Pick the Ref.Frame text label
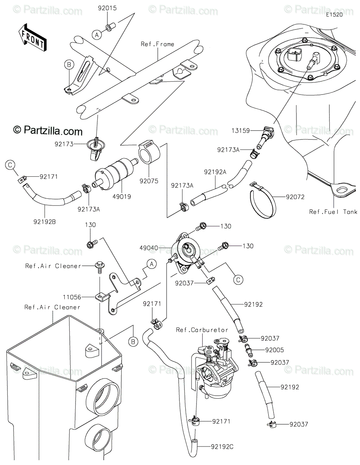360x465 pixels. tap(157, 44)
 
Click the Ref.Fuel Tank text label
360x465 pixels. tap(333, 212)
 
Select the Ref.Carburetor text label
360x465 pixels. tap(202, 330)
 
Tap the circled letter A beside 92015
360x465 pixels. tap(96, 34)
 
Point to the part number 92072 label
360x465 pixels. tap(295, 197)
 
